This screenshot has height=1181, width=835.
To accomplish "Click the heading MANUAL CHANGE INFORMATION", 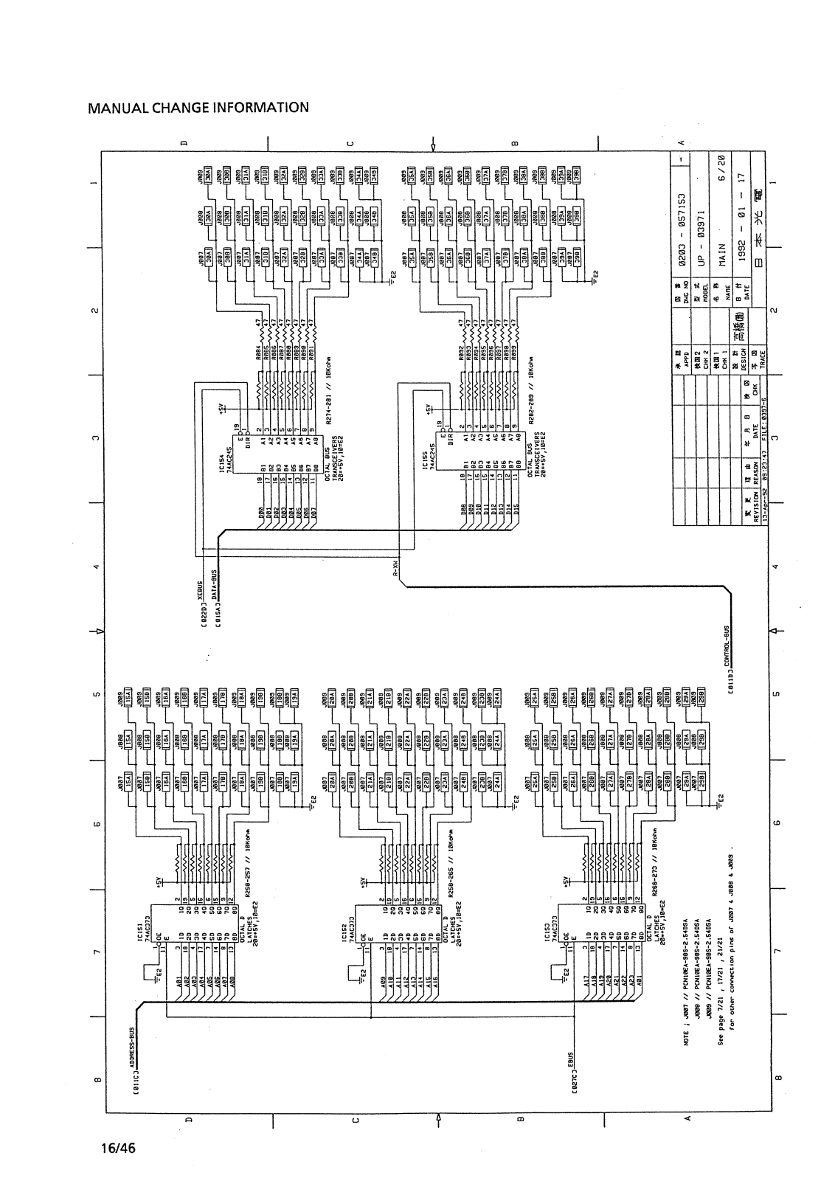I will (x=198, y=108).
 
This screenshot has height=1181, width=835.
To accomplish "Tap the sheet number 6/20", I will (x=722, y=169).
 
